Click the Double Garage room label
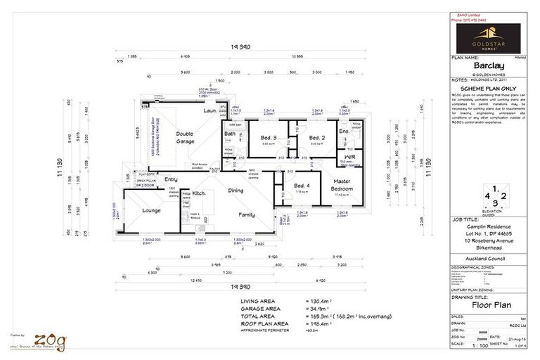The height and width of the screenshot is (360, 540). (x=185, y=137)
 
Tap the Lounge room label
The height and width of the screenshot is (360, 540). (x=151, y=210)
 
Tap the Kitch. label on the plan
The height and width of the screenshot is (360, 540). (x=199, y=192)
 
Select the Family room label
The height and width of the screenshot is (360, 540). (x=246, y=214)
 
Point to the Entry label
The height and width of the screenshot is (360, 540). (x=171, y=180)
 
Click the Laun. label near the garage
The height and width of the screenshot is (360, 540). (x=210, y=111)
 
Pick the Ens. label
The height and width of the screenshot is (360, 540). (x=344, y=131)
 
